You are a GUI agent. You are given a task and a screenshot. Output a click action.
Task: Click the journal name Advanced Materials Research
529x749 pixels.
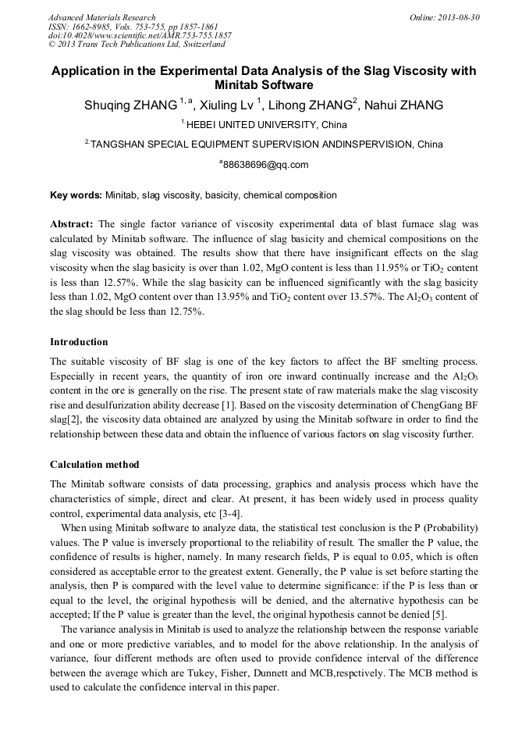[101, 17]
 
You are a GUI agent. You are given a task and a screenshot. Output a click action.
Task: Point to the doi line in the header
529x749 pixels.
[140, 35]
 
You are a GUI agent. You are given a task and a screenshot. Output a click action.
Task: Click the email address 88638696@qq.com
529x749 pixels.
[266, 165]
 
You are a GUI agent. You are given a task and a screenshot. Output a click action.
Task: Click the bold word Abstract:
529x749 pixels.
[72, 223]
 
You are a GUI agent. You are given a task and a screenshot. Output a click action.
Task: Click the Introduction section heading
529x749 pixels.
[79, 342]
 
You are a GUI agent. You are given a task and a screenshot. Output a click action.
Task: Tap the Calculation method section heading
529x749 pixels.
[94, 465]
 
